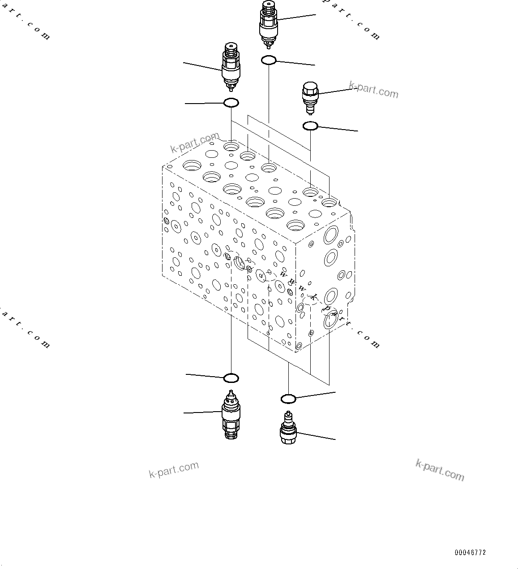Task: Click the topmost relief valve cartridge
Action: tap(269, 25)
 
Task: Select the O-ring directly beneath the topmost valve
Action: tap(269, 60)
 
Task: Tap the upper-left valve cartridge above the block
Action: tap(231, 66)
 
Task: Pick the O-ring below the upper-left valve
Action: tap(231, 103)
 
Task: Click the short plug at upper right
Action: tap(310, 96)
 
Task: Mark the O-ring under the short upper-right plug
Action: tap(310, 126)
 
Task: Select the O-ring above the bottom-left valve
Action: tap(231, 378)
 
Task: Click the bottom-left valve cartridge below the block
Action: tap(231, 415)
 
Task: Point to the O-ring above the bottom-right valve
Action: tap(288, 399)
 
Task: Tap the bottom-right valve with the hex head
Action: tap(288, 429)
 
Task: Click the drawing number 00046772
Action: tap(470, 552)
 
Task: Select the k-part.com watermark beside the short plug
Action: tap(373, 90)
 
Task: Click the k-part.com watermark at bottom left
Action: tap(174, 469)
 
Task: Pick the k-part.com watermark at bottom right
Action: tap(440, 470)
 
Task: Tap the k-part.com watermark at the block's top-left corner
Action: tap(195, 142)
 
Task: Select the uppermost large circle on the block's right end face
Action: tap(332, 235)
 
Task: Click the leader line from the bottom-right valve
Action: tap(316, 436)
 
